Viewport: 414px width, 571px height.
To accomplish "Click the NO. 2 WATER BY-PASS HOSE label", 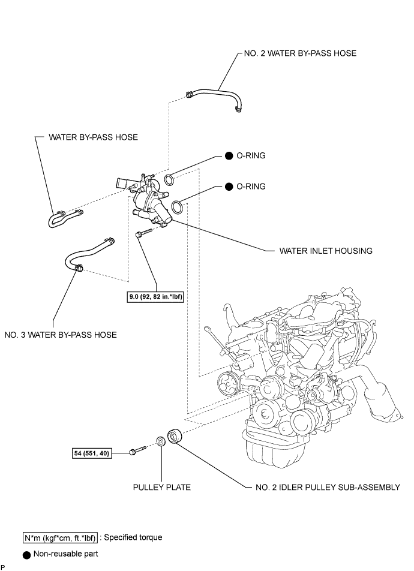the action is pos(300,53).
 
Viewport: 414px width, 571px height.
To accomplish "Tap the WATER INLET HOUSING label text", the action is pos(326,251).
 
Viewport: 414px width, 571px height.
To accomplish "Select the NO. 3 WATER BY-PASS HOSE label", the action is pos(61,335).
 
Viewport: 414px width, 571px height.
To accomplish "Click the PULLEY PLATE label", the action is pos(162,487).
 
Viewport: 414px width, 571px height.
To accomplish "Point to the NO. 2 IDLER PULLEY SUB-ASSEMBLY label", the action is pos(328,487).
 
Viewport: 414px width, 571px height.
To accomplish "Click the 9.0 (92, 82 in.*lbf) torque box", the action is pos(155,297).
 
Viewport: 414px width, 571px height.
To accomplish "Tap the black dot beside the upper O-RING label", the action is pos(229,156).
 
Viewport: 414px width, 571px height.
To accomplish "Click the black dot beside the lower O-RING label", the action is pos(229,187).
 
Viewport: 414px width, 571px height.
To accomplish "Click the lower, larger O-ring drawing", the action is pos(176,206).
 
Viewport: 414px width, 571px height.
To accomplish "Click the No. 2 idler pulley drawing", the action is pos(173,436).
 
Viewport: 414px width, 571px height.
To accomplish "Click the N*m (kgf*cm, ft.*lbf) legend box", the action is pos(60,538).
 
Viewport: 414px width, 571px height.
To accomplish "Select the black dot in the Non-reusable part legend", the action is pos(26,555).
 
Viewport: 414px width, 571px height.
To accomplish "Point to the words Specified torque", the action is pos(133,537).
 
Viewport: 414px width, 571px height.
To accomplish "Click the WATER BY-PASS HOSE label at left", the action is pos(93,137).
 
